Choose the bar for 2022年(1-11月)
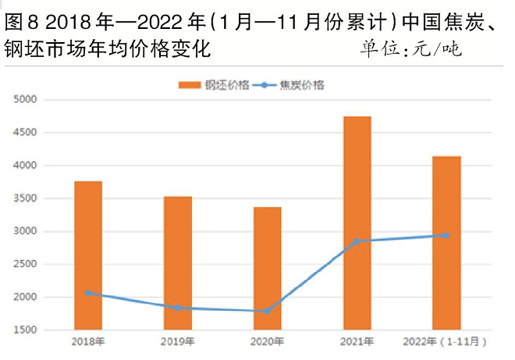coord(447,242)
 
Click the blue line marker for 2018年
coord(88,293)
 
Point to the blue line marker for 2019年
coord(178,308)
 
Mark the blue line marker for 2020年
coord(268,311)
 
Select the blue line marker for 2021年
coord(357,241)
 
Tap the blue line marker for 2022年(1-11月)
coord(447,235)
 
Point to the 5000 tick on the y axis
coord(23,99)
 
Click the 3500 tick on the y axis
coord(23,198)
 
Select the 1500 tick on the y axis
coord(23,330)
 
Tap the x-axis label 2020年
coord(268,342)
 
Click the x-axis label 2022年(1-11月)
coord(447,342)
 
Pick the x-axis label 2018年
coord(88,342)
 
